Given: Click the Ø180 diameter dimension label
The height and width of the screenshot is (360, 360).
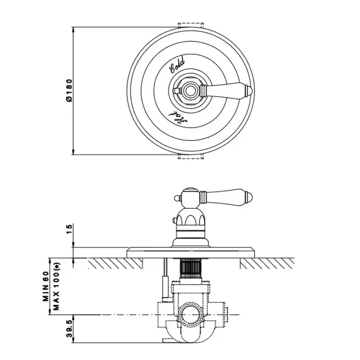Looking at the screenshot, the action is coord(69,90).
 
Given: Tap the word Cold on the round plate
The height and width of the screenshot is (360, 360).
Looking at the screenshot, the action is coord(177,65).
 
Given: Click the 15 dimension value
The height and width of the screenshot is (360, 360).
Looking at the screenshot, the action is coord(69,229).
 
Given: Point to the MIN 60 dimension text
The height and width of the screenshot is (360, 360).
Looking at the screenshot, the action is coord(46,286).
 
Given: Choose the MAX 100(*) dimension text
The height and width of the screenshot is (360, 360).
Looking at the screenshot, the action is coord(57,286).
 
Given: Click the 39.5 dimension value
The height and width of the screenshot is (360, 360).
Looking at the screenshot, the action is coord(69,329).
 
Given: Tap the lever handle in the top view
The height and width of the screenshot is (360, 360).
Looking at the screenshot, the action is coord(226,90).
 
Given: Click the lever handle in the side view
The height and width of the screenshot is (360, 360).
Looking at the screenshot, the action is coord(226,197).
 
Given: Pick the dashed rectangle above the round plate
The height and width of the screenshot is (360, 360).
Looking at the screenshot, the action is coord(191,26).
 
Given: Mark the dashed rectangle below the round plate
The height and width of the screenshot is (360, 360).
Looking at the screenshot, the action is coord(191,156).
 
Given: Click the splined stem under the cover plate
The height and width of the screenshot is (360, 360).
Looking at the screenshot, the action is coord(190,268).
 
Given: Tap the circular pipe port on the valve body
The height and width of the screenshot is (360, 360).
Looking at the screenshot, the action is coord(190,314).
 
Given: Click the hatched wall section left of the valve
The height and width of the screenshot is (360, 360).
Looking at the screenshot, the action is coord(115,263).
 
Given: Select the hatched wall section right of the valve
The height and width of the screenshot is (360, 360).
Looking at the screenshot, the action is coord(267,263).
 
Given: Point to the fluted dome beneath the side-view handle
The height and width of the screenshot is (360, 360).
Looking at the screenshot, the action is coord(190,217).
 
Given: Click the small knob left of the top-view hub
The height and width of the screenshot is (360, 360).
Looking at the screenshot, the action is coord(176,91).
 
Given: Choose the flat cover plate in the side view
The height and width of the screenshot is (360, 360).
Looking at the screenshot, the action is coord(191,253).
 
